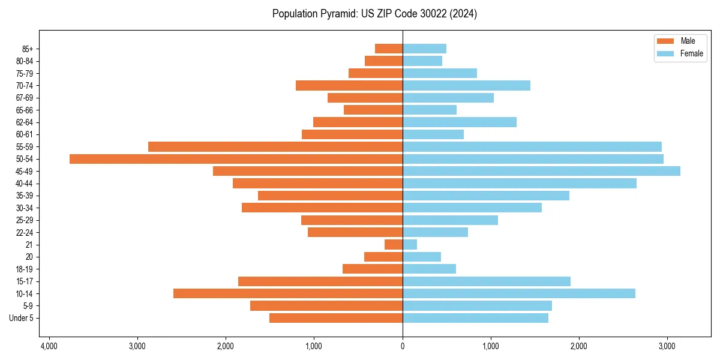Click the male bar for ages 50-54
[236, 159]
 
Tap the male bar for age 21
[394, 245]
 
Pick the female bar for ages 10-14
[518, 293]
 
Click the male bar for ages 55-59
[275, 146]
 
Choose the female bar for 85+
[424, 49]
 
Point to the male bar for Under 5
[336, 318]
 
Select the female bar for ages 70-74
[466, 85]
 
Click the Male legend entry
[688, 41]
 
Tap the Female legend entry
[691, 53]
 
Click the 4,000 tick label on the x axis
[49, 346]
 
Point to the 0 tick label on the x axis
[403, 346]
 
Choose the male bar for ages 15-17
[320, 281]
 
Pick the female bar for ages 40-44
[520, 184]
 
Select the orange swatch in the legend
[665, 41]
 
